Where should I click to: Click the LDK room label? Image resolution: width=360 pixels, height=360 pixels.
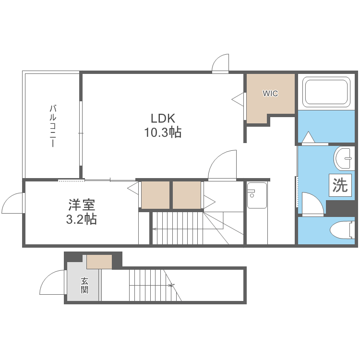163,118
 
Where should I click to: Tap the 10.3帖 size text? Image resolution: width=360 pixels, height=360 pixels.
163,132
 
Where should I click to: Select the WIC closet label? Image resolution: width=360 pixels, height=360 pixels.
270,94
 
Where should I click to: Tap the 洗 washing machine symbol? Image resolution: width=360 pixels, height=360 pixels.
340,185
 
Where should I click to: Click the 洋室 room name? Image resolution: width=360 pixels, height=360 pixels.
82,205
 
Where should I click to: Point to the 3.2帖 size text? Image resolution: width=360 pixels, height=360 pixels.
82,219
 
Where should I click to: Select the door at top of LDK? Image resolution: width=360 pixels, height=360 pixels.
221,64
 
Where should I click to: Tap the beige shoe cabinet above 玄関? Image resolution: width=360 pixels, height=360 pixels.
99,262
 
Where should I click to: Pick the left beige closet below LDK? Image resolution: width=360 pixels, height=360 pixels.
155,195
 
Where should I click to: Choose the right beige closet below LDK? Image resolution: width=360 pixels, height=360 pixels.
187,195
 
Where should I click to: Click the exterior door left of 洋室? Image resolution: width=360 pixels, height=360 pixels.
13,204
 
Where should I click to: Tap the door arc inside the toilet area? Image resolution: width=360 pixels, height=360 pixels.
312,203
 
